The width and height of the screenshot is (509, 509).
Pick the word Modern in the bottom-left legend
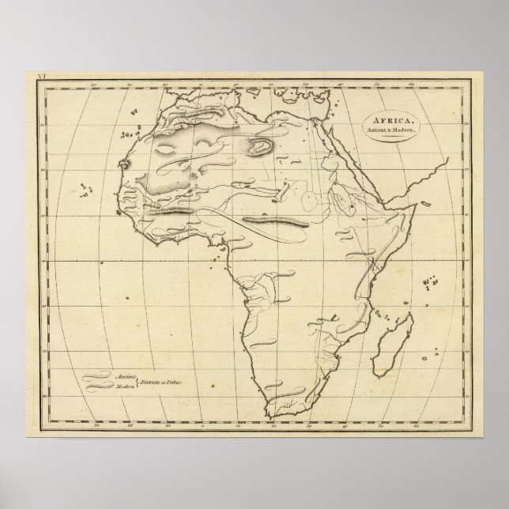tap(125, 387)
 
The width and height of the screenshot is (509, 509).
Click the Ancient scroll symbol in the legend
tap(99, 377)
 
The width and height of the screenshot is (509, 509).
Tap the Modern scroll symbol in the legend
tap(99, 387)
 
